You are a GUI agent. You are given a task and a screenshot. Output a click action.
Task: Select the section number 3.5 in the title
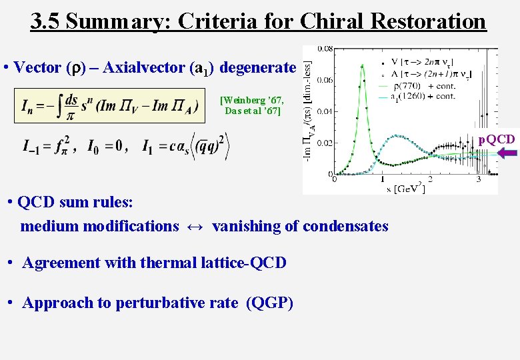[45, 21]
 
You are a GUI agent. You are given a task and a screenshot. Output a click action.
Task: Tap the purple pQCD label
[497, 139]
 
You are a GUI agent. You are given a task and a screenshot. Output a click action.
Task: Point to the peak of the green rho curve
[361, 65]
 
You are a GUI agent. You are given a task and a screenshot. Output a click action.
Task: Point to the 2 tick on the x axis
[429, 179]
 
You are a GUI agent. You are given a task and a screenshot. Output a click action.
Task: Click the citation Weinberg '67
[251, 101]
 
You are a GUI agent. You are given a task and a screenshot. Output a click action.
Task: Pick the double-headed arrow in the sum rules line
[195, 226]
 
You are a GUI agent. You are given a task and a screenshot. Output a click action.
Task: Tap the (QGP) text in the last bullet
[269, 303]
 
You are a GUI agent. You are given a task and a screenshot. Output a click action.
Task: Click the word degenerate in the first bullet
[257, 67]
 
